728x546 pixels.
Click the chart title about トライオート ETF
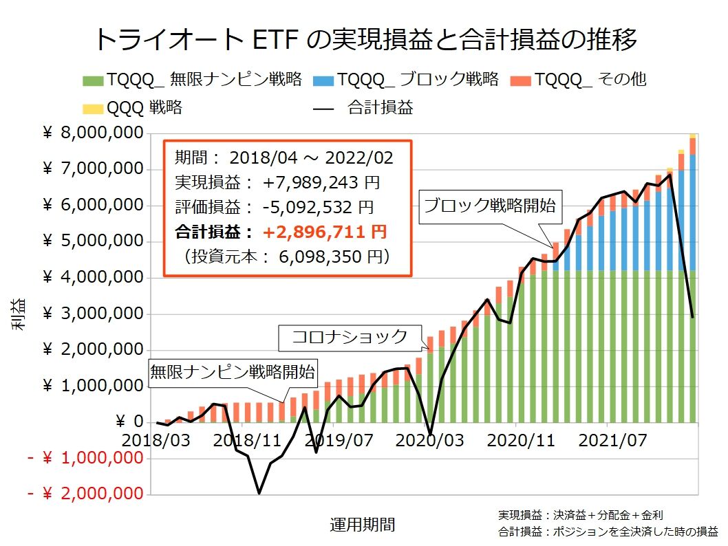(364, 39)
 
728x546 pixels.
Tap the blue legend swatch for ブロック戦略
(324, 80)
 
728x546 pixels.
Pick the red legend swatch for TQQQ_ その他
(520, 80)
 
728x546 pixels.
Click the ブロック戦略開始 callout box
(490, 206)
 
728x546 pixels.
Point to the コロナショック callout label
(350, 337)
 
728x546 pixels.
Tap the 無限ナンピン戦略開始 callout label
(233, 373)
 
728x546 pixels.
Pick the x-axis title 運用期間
(363, 525)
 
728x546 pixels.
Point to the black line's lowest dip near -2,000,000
(259, 492)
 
